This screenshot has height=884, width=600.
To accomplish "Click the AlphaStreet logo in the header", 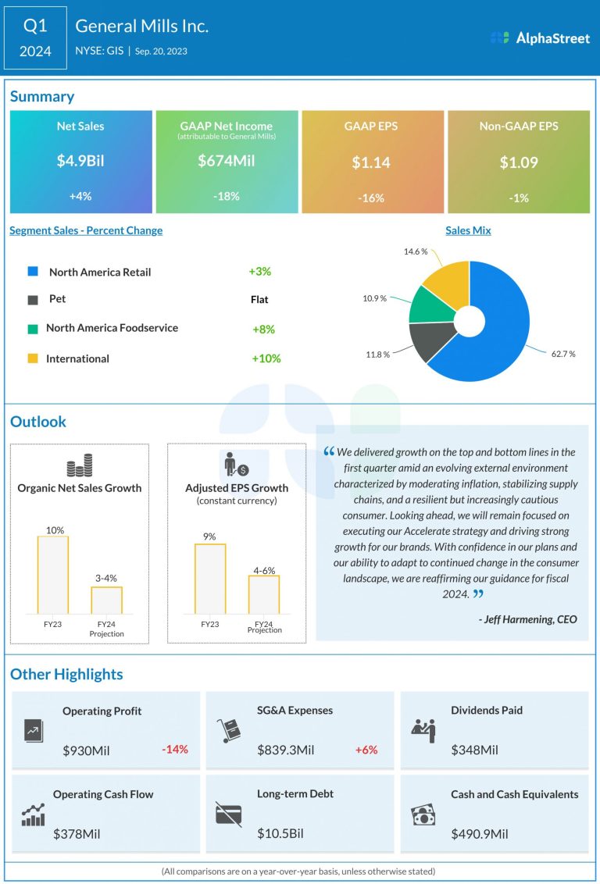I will point(540,37).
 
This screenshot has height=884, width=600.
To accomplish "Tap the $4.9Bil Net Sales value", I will point(80,161).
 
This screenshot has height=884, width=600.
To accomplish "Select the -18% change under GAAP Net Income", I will point(227,197).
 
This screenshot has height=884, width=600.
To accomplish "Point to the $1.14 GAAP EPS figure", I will point(372,163).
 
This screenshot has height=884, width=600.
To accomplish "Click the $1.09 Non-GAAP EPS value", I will point(518,163).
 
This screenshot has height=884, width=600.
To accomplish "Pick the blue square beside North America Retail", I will point(33,272).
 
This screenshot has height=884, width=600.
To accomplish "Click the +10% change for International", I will point(266,358).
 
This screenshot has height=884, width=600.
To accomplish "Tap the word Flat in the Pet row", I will point(259,299).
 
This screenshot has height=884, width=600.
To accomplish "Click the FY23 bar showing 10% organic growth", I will point(53,575).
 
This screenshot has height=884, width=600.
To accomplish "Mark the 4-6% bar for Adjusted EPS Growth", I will point(263,594).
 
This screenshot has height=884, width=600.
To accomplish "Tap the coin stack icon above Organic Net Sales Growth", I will point(79,466).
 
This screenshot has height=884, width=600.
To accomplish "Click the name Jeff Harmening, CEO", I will point(527,619).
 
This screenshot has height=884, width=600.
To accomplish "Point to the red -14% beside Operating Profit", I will point(175,750).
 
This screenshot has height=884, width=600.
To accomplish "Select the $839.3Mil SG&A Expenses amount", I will point(285,750).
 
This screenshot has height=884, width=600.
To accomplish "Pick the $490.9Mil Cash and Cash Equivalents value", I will point(479,834).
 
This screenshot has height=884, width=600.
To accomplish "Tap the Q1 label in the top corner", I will point(35,26).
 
